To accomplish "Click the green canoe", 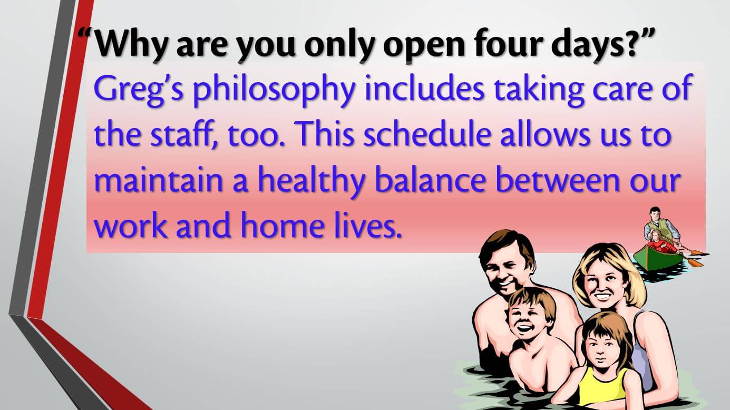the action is coord(658,258).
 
